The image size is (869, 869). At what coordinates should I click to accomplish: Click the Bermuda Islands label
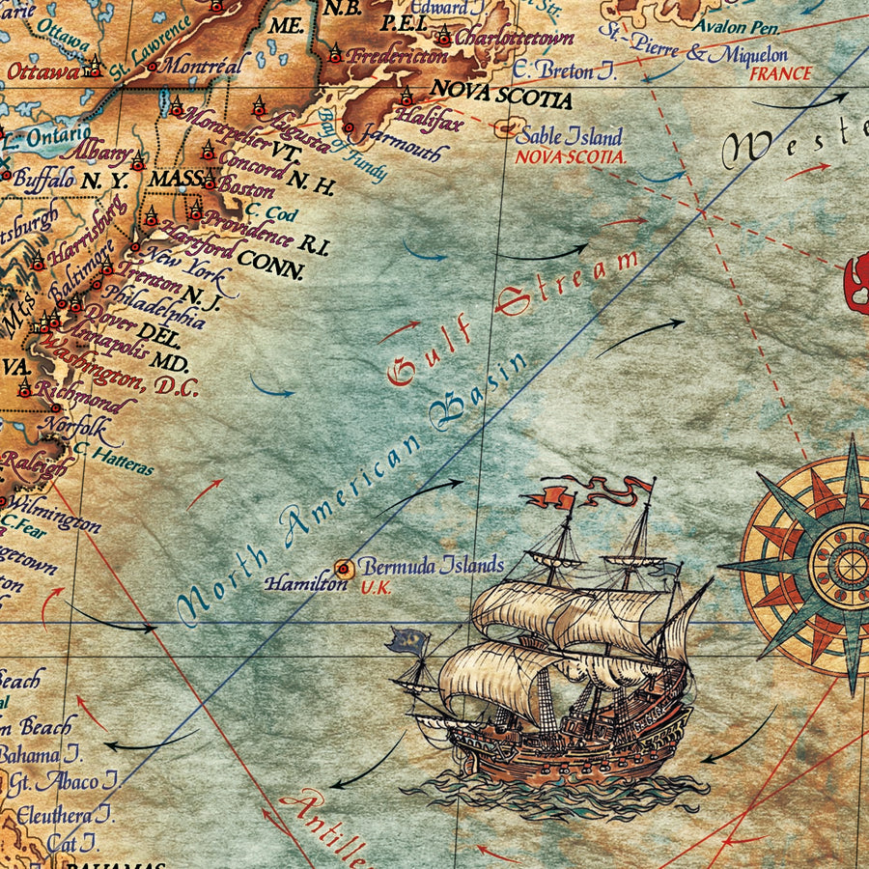432,565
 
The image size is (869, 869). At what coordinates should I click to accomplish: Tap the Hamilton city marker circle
343,568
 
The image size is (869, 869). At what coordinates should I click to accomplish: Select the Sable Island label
571,136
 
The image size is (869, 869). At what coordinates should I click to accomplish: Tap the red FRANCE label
780,73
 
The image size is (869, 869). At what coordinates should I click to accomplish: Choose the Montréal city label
203,66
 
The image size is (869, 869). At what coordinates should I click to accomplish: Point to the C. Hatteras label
113,460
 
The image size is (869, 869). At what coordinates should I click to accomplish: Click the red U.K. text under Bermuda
376,587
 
